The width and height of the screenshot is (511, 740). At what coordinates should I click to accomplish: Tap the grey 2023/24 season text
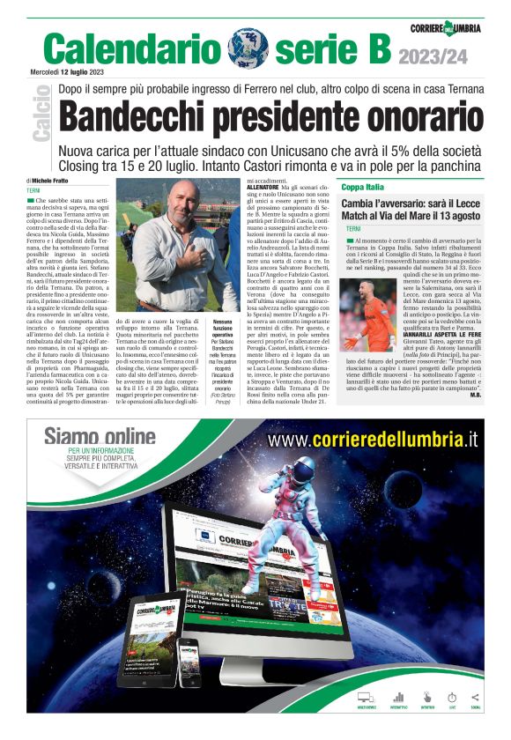click(x=433, y=57)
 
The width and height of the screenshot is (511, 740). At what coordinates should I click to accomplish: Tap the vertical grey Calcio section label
click(x=41, y=114)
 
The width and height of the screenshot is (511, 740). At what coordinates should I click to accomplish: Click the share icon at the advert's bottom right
click(x=477, y=698)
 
